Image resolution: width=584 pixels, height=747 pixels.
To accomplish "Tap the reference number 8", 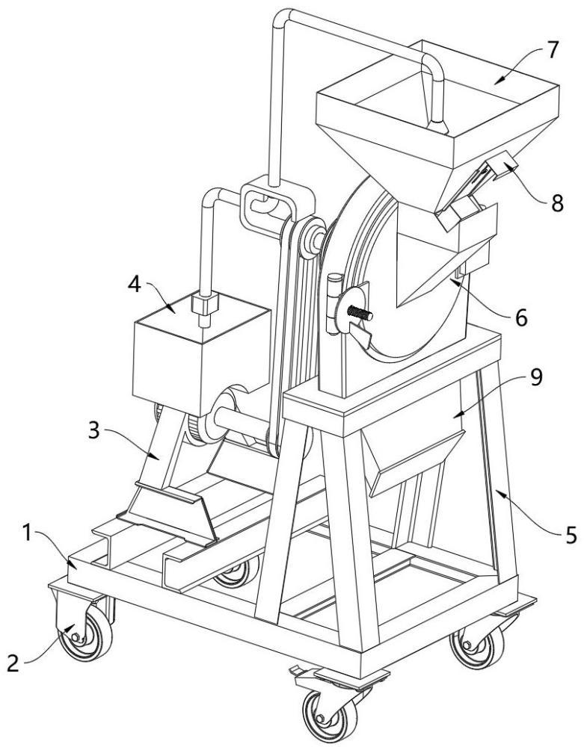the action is click(x=557, y=202).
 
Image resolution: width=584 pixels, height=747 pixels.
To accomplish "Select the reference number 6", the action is click(x=521, y=317).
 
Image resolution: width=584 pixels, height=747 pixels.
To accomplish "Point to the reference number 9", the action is click(x=536, y=377).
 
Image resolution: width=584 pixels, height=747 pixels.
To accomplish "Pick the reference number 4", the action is click(x=135, y=285).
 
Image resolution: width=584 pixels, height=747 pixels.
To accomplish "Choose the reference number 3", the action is click(x=94, y=430).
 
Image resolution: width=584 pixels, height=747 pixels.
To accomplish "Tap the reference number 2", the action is click(x=13, y=663).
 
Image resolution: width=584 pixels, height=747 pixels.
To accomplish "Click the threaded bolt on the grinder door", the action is click(x=360, y=314).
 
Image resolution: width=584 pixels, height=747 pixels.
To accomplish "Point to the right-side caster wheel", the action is click(x=477, y=646).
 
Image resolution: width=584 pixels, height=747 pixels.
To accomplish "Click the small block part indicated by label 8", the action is click(x=499, y=167).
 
